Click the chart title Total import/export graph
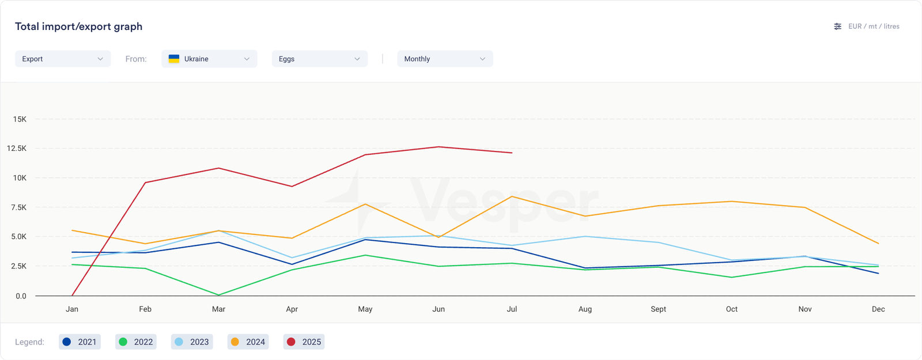pyautogui.click(x=78, y=26)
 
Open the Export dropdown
pyautogui.click(x=62, y=59)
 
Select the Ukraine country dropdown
pyautogui.click(x=209, y=59)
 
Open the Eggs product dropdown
pyautogui.click(x=319, y=59)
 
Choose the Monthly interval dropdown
pyautogui.click(x=444, y=59)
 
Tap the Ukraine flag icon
pyautogui.click(x=173, y=59)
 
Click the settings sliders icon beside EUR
pyautogui.click(x=837, y=26)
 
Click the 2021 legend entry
pyautogui.click(x=80, y=342)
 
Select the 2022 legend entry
pyautogui.click(x=136, y=342)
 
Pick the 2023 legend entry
pyautogui.click(x=192, y=342)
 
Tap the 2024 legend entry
pyautogui.click(x=248, y=342)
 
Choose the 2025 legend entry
pyautogui.click(x=304, y=342)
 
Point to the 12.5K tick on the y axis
pyautogui.click(x=17, y=149)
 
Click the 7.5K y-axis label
pyautogui.click(x=18, y=207)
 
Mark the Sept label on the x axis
pyautogui.click(x=658, y=309)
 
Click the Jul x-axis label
pyautogui.click(x=512, y=309)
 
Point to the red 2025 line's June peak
pyautogui.click(x=439, y=147)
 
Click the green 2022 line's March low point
pyautogui.click(x=218, y=295)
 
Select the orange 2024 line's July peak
pyautogui.click(x=512, y=196)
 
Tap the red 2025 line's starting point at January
pyautogui.click(x=72, y=295)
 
